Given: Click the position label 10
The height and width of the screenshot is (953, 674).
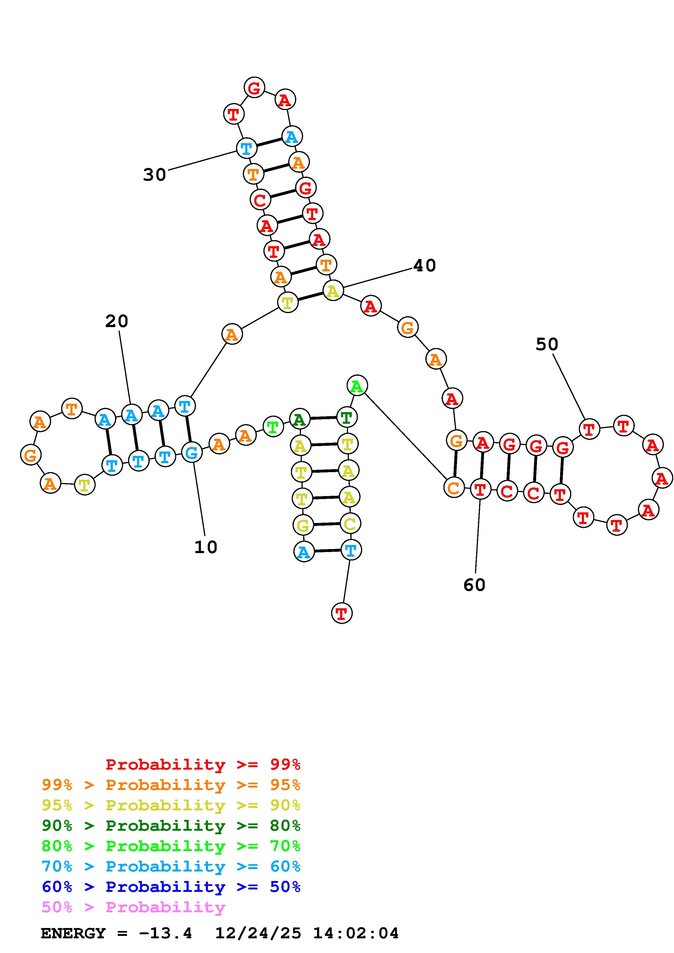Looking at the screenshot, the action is [x=206, y=547].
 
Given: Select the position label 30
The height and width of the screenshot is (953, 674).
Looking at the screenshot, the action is [x=154, y=175].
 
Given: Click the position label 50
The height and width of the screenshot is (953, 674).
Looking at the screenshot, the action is [x=547, y=344].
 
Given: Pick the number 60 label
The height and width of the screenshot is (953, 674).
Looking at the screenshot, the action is [x=474, y=585].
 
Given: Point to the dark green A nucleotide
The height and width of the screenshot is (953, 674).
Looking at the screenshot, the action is [x=299, y=420].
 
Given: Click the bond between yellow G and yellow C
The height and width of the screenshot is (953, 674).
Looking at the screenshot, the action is [x=327, y=525].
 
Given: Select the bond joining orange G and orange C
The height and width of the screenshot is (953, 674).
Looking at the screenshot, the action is [x=455, y=464].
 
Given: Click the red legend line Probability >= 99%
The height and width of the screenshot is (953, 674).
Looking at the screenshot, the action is [x=203, y=764].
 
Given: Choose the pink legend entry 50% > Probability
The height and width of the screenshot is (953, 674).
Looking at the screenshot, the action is [x=133, y=907].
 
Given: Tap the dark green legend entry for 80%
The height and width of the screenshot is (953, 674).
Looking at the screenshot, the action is [x=171, y=826].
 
